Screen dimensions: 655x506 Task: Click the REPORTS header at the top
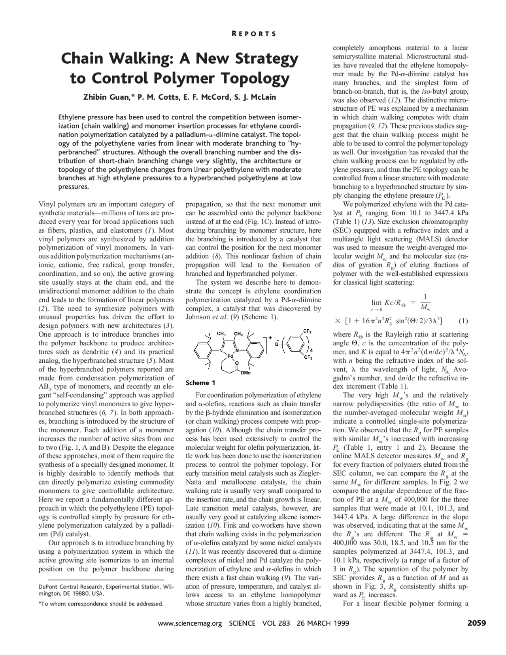(x=253, y=34)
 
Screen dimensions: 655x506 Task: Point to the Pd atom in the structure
(x=230, y=356)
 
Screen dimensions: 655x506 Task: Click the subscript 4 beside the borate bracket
(x=312, y=350)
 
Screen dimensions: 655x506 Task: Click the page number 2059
(x=476, y=623)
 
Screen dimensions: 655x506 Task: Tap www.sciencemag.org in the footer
(x=190, y=624)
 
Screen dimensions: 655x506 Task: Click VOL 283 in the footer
(x=276, y=624)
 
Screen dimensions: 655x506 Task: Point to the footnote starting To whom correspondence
(x=101, y=604)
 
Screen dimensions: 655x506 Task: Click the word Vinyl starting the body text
(x=46, y=204)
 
